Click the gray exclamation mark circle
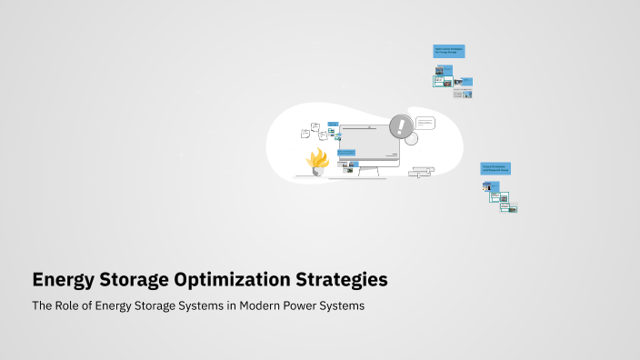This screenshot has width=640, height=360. click(x=400, y=126)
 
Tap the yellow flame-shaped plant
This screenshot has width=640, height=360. click(x=317, y=160)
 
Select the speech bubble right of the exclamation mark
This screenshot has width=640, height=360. click(x=425, y=124)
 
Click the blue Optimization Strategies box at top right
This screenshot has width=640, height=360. click(x=449, y=52)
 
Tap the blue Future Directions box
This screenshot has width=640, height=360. click(x=495, y=168)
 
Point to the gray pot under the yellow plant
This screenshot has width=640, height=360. click(x=317, y=172)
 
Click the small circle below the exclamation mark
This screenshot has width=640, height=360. click(x=411, y=140)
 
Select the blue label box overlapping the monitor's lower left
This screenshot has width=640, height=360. click(x=346, y=153)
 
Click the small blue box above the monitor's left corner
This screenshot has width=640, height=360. click(x=333, y=125)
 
